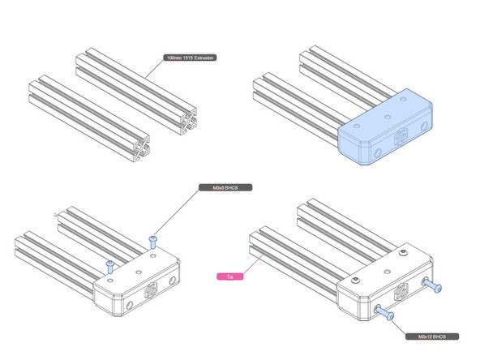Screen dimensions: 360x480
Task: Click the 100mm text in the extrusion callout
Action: [x=173, y=58]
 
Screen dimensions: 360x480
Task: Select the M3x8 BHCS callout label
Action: [x=226, y=187]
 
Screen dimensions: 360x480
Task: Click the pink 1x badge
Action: [x=230, y=276]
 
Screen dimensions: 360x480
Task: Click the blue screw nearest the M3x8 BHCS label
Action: [x=154, y=239]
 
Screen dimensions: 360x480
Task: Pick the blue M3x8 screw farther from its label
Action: [x=109, y=264]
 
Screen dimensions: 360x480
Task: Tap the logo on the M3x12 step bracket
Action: [x=401, y=292]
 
